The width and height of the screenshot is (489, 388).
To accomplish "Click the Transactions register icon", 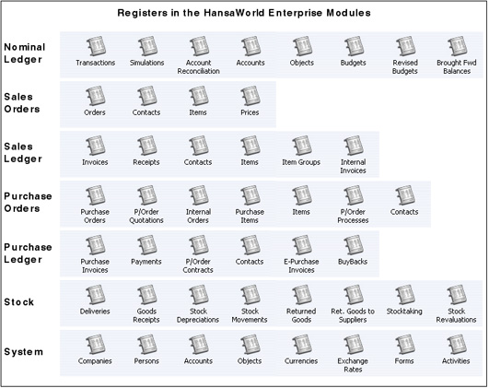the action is [96, 46].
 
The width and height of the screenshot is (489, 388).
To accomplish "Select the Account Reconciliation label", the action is [199, 66].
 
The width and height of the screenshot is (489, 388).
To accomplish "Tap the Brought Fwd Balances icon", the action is [457, 46].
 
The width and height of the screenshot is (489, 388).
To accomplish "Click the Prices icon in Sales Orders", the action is [250, 96].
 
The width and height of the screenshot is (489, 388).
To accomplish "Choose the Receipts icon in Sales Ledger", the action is [147, 146].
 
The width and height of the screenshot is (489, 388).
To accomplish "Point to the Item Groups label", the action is [301, 162].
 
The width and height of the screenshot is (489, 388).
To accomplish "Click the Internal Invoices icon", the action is [354, 146].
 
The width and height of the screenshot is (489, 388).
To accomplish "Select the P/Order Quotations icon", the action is [147, 195].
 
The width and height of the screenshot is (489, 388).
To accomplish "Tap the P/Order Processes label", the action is [353, 216].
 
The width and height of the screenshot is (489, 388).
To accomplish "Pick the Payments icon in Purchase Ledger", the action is [147, 245].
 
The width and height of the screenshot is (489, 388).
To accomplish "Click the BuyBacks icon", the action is [354, 245].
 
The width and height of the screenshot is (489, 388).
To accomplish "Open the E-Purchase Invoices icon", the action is [302, 245].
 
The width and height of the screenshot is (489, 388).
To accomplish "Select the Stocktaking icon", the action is [405, 295].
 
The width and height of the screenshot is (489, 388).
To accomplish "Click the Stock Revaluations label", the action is [456, 315].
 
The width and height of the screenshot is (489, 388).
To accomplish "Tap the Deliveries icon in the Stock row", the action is [96, 295].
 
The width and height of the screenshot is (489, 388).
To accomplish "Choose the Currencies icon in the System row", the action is [302, 345].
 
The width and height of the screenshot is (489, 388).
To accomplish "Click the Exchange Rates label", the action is [353, 365].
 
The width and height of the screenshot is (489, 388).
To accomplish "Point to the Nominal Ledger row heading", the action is [25, 53].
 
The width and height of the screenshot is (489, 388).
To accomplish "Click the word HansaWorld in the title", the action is [234, 13].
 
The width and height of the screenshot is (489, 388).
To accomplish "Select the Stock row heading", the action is [19, 302].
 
